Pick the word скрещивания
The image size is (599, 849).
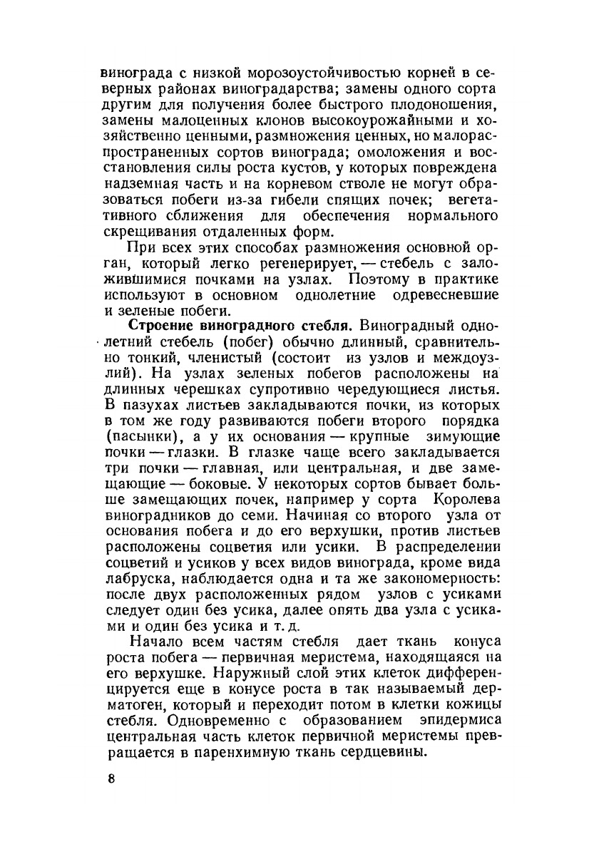147,232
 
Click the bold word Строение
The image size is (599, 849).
166,326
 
